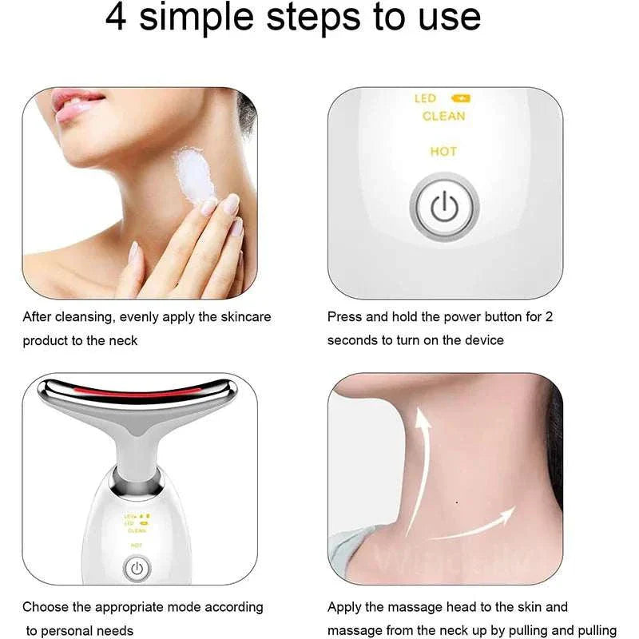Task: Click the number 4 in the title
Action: tap(117, 18)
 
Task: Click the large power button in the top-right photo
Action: tap(444, 208)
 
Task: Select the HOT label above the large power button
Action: tap(443, 151)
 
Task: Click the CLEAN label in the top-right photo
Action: tap(443, 117)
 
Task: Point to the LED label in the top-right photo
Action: tap(425, 98)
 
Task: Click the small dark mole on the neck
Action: tap(455, 502)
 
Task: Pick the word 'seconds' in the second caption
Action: tap(351, 340)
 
